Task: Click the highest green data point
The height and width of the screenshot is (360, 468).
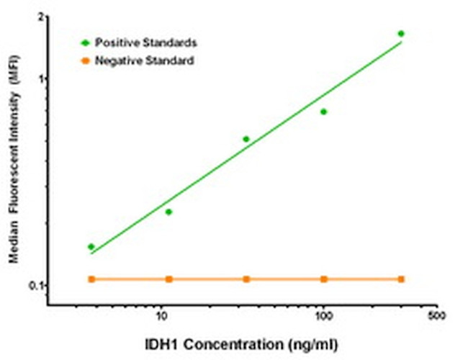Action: [x=401, y=34]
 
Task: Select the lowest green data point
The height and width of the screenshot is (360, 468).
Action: [x=91, y=247]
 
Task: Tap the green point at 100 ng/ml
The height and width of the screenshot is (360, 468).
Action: [x=324, y=112]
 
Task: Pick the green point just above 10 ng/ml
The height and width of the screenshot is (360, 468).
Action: [x=168, y=212]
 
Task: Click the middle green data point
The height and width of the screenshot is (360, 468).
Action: [x=246, y=139]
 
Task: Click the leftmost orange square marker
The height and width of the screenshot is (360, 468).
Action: [x=91, y=279]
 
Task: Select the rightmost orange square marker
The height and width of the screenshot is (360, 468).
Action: [x=401, y=279]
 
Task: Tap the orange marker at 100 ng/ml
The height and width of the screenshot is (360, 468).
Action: [x=324, y=279]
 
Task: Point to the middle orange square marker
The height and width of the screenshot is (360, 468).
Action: [x=246, y=279]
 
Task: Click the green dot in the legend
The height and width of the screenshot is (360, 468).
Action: [x=84, y=44]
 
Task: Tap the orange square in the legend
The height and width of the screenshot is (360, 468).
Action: [x=84, y=61]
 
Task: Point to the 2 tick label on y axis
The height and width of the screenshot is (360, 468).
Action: [x=40, y=17]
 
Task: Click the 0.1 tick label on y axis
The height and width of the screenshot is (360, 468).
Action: [x=35, y=286]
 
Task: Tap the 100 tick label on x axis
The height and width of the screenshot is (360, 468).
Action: [x=323, y=315]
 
